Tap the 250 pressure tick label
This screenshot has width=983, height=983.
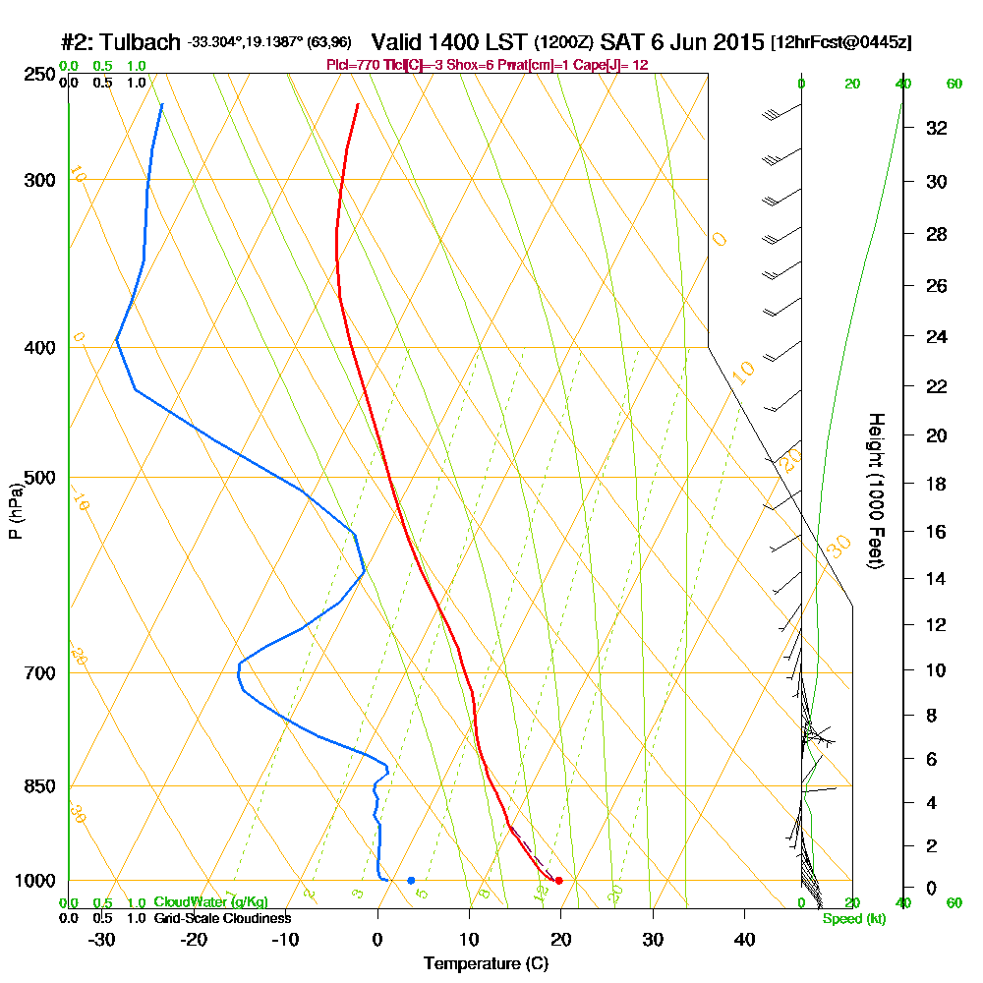click(39, 75)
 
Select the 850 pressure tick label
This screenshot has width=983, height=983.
click(39, 786)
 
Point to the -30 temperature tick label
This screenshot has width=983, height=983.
click(102, 939)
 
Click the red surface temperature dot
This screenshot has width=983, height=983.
click(558, 880)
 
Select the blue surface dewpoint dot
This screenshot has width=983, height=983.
click(411, 880)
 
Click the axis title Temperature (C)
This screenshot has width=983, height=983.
click(486, 964)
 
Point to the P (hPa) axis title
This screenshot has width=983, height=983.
click(15, 510)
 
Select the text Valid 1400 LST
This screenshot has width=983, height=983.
click(449, 42)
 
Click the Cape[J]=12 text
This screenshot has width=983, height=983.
click(611, 65)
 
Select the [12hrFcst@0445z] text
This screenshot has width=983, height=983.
click(841, 43)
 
